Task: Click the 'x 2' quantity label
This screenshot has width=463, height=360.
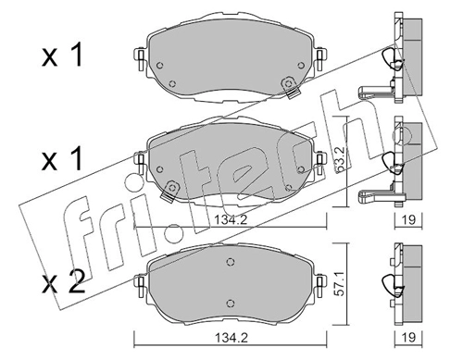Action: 64,281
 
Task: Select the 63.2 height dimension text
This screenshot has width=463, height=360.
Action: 340,161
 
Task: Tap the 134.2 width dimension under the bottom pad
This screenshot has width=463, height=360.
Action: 231,338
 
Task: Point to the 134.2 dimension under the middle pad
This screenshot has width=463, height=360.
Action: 231,220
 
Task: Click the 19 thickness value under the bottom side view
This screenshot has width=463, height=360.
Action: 409,338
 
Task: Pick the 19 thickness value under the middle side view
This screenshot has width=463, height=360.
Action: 409,219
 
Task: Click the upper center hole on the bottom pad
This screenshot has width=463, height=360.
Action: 230,262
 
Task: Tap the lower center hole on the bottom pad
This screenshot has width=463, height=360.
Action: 230,304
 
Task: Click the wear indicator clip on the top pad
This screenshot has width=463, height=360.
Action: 290,87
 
